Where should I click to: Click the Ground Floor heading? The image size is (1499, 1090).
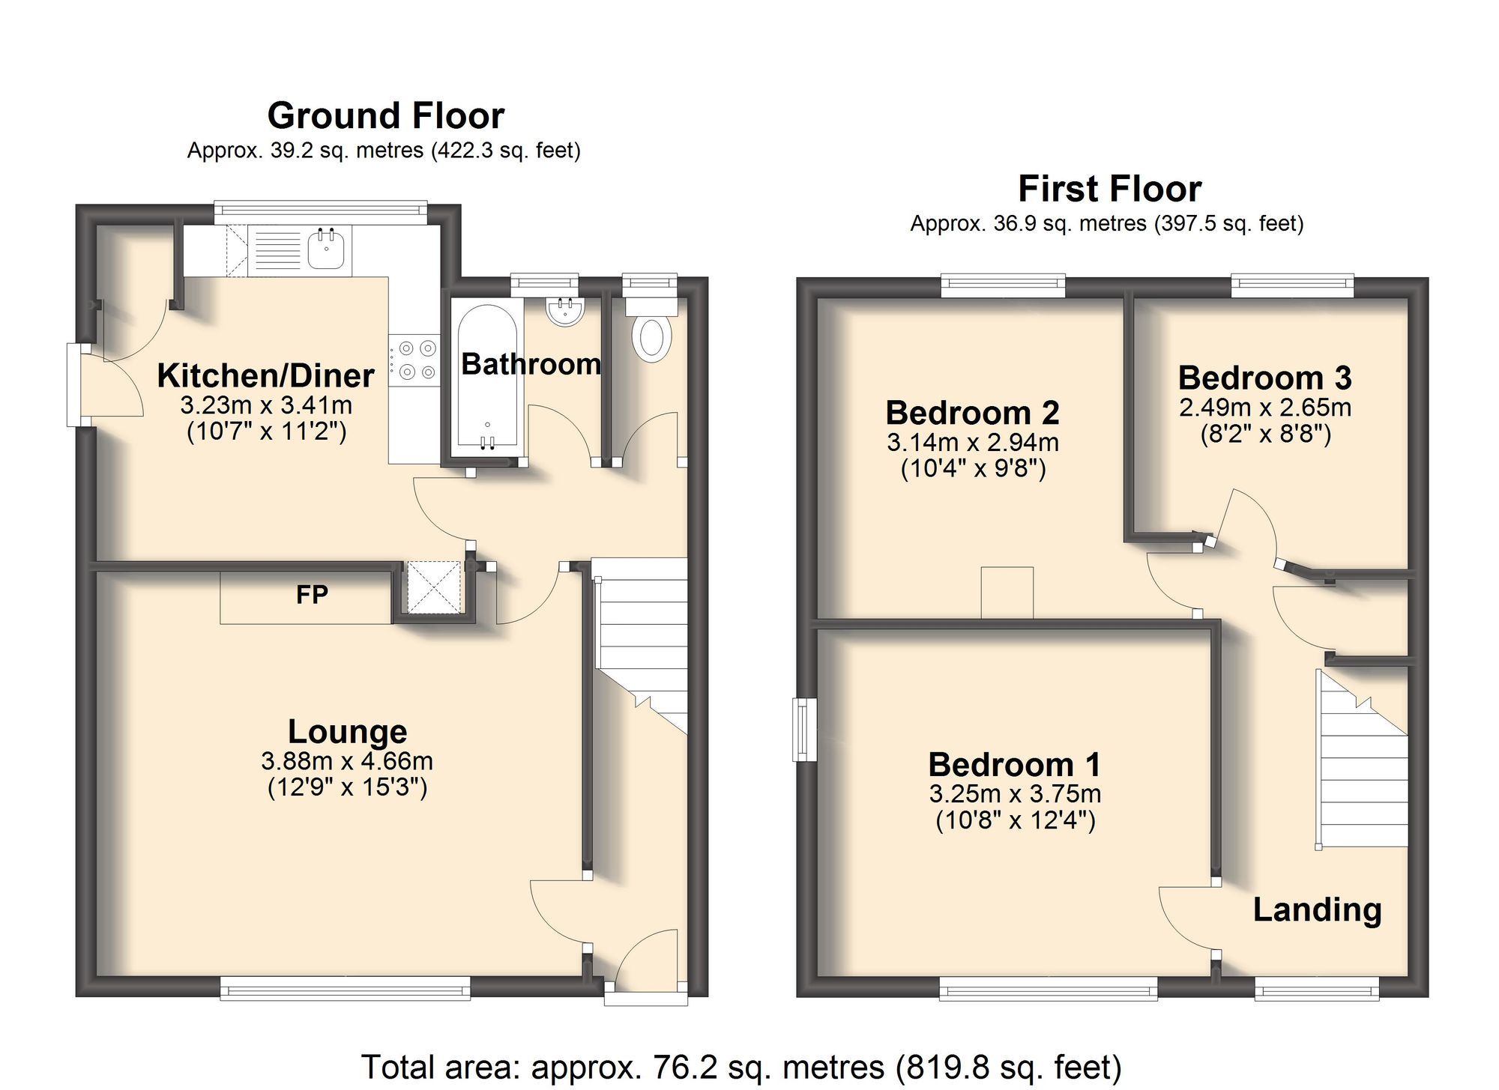385,116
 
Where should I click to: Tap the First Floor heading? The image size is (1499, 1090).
1109,189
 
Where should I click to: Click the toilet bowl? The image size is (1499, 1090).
651,339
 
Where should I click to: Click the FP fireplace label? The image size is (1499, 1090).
312,595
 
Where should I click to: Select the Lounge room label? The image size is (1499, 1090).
348,731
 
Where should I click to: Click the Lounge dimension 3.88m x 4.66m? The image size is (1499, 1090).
347,761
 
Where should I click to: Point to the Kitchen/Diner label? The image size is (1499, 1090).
265,375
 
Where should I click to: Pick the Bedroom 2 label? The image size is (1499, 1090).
972,413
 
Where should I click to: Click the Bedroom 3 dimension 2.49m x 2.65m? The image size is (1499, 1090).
1265,408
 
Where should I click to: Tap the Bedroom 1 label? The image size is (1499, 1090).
1015,765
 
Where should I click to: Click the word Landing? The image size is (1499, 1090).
1317,909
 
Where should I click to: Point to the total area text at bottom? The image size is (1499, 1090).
741,1067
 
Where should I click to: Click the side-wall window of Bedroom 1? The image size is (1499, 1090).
806,730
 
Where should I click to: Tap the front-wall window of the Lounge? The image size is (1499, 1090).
346,988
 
